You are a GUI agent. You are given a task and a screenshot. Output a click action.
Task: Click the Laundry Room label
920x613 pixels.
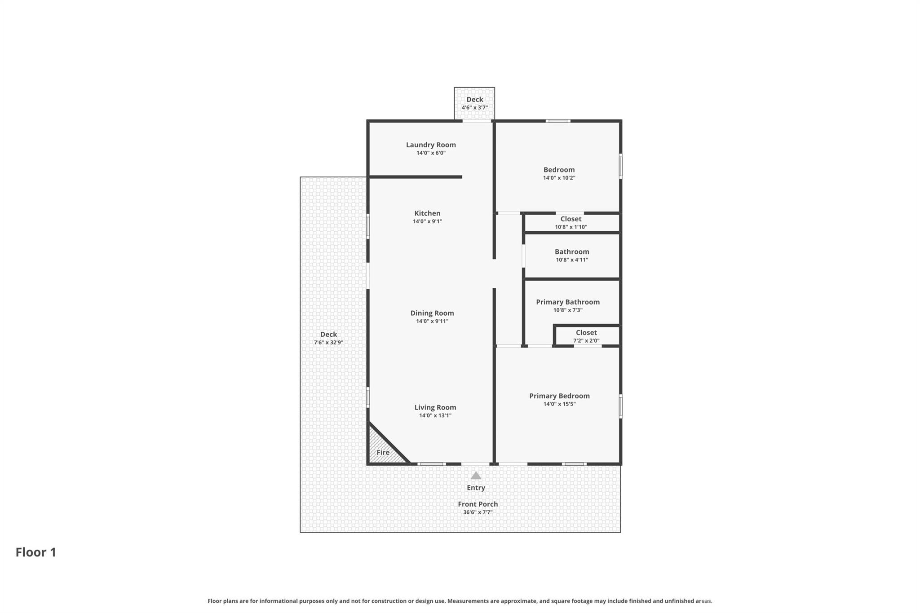pyautogui.click(x=430, y=145)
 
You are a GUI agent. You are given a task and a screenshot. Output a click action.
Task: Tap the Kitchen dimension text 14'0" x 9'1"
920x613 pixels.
pyautogui.click(x=427, y=221)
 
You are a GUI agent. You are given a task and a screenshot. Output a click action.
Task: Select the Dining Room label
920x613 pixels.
pyautogui.click(x=432, y=313)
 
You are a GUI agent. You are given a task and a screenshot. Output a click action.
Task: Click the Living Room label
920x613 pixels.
pyautogui.click(x=435, y=407)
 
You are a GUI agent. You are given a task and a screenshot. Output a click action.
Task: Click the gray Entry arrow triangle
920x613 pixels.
pyautogui.click(x=476, y=476)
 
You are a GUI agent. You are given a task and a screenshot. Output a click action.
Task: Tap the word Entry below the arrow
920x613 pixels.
pyautogui.click(x=476, y=488)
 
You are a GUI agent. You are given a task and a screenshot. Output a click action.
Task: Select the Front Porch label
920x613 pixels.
pyautogui.click(x=478, y=504)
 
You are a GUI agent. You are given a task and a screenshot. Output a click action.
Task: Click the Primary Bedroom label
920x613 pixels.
pyautogui.click(x=559, y=396)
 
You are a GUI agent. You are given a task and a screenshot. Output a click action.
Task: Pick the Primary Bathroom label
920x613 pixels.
pyautogui.click(x=567, y=302)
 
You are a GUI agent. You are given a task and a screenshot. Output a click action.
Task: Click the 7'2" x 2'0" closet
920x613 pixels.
pyautogui.click(x=586, y=336)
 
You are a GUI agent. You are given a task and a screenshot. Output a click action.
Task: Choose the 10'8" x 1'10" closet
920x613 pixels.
pyautogui.click(x=571, y=223)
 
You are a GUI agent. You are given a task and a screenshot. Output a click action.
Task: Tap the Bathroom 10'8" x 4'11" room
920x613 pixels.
pyautogui.click(x=571, y=255)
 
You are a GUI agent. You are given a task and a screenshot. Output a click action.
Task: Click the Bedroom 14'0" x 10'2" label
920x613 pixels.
pyautogui.click(x=559, y=170)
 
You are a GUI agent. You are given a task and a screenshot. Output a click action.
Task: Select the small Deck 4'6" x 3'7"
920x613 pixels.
pyautogui.click(x=474, y=103)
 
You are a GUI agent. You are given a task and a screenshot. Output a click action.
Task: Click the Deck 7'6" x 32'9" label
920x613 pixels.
pyautogui.click(x=328, y=335)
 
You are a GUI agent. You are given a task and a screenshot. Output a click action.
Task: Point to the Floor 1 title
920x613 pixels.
pyautogui.click(x=36, y=552)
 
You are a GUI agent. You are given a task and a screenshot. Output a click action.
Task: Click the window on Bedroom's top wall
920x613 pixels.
pyautogui.click(x=558, y=121)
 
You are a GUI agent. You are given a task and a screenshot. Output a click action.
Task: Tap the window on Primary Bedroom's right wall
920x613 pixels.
pyautogui.click(x=620, y=406)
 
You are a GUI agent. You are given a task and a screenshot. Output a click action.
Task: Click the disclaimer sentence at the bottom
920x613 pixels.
pyautogui.click(x=460, y=601)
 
